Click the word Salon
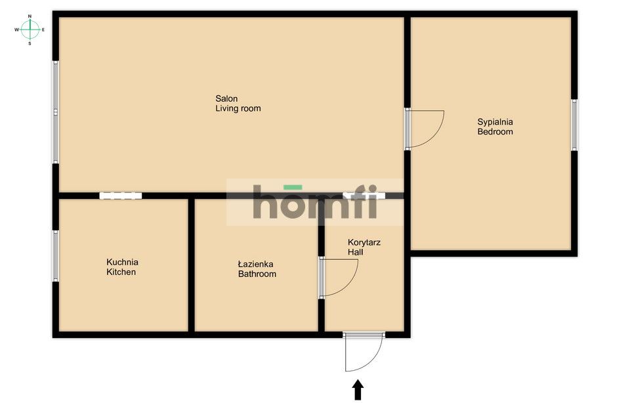click(226, 98)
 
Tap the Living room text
click(238, 108)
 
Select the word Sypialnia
click(495, 122)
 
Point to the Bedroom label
click(495, 132)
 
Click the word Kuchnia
click(122, 262)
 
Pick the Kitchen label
click(121, 272)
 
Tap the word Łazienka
click(255, 264)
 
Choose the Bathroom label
click(257, 274)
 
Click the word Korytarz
click(364, 243)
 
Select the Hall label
click(355, 252)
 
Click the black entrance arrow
click(358, 390)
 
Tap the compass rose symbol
click(30, 30)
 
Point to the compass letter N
click(30, 16)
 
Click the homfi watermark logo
click(314, 201)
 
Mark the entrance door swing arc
click(373, 360)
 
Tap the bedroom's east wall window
click(574, 125)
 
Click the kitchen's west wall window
click(55, 256)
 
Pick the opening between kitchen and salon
click(121, 196)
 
